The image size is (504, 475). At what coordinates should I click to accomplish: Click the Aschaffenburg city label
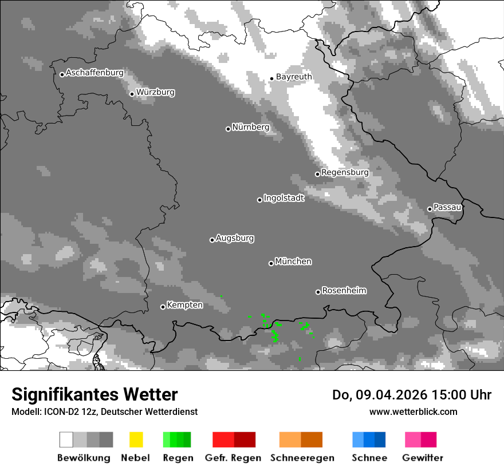click(x=94, y=73)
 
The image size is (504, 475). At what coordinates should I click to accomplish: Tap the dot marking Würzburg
click(x=132, y=94)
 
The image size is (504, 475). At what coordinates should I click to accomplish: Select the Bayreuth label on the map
click(x=294, y=77)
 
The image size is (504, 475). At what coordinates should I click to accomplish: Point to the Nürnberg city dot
click(x=228, y=129)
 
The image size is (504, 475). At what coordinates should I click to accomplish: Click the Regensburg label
click(x=345, y=172)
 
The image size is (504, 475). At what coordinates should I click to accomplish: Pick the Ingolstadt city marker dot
click(x=259, y=200)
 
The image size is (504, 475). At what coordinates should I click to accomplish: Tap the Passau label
click(x=447, y=207)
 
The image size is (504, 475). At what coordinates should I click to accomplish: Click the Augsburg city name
click(x=235, y=238)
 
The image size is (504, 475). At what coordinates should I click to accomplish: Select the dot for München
click(x=271, y=263)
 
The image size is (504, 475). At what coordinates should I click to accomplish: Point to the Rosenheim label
click(x=344, y=291)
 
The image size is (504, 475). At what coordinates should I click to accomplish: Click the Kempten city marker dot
click(x=163, y=307)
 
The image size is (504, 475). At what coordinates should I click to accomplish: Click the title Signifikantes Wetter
click(x=94, y=395)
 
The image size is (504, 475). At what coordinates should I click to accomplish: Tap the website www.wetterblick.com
click(x=413, y=411)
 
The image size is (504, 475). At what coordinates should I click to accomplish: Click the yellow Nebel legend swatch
click(x=136, y=440)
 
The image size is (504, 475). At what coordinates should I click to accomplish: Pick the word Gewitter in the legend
click(x=423, y=458)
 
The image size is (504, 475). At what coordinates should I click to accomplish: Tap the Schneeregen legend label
click(x=302, y=458)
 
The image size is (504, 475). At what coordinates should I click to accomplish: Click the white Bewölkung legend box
click(x=66, y=440)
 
